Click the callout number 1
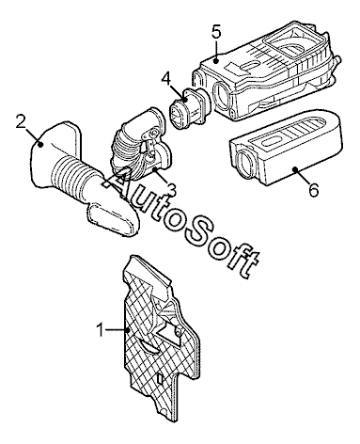coord(101,330)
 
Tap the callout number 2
coord(21,122)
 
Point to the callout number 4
coord(166,79)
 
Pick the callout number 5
coord(216,32)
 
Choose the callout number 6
coord(314,190)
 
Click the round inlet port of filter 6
coord(246,163)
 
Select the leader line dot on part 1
coord(128,330)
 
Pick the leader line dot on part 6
coord(295,169)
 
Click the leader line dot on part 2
coord(39,144)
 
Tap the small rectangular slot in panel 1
coord(161,379)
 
